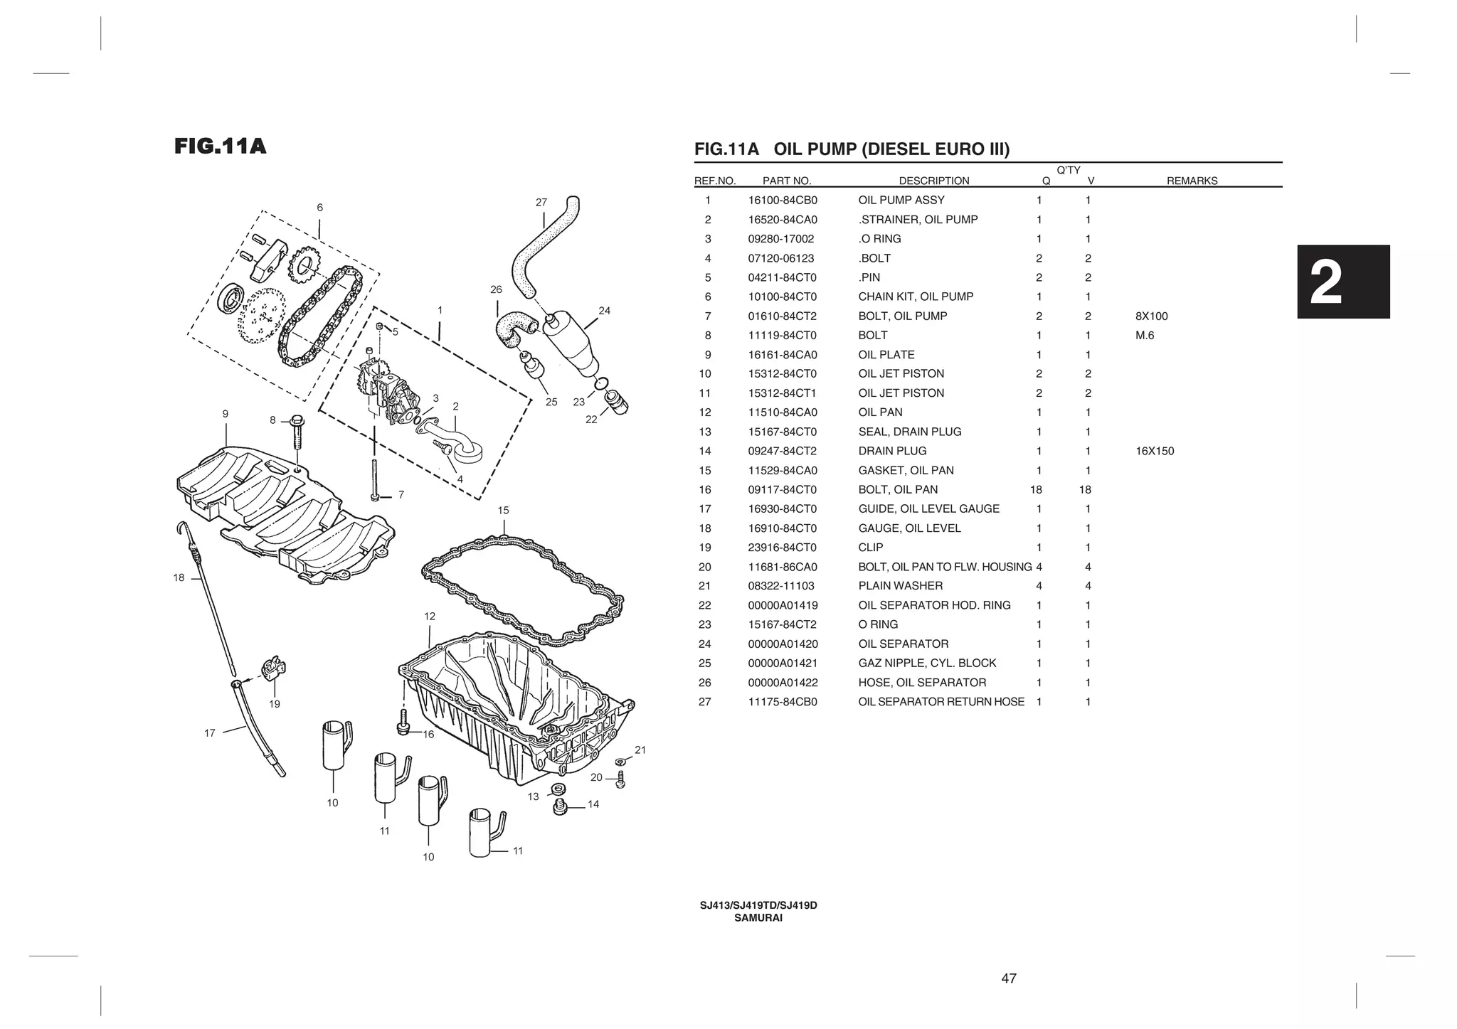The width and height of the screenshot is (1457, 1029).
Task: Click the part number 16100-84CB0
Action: (783, 201)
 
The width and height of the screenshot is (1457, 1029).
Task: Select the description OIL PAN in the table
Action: (880, 412)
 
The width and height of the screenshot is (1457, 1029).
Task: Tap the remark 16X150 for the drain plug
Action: (1155, 451)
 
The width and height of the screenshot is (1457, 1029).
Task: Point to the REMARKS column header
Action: (1192, 181)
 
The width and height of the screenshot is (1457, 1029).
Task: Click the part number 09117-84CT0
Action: (783, 489)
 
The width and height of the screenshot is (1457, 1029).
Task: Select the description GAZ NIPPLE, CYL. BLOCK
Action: (927, 663)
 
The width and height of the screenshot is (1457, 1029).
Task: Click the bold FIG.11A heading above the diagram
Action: (221, 146)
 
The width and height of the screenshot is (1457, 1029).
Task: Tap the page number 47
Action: (1009, 979)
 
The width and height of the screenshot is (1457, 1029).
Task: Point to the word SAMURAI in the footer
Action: (758, 918)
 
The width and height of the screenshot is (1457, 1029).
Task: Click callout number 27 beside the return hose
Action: (541, 203)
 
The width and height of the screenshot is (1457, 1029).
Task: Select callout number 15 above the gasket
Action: (503, 511)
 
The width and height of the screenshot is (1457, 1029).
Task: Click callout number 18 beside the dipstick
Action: (179, 577)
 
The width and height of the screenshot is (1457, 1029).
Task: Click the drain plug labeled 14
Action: (560, 806)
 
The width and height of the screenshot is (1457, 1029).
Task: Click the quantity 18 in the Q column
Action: (1036, 489)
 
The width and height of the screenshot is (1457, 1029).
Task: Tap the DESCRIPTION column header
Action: (933, 181)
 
